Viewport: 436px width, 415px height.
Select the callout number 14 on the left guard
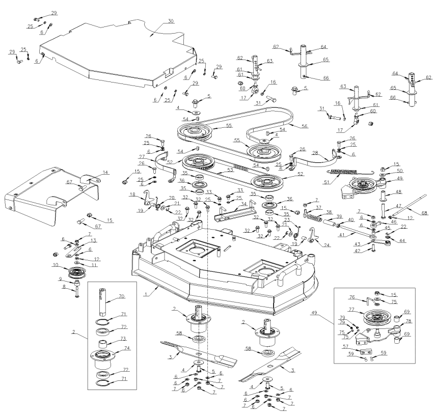point(106,173)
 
